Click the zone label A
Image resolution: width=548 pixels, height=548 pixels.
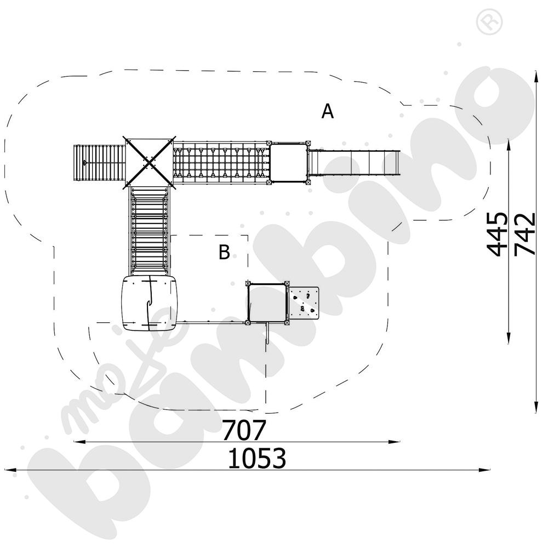[x=327, y=112]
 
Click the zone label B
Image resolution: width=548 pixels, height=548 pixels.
[x=224, y=253]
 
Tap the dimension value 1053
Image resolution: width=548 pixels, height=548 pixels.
[x=257, y=459]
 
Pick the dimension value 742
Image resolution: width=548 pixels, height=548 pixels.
[x=526, y=234]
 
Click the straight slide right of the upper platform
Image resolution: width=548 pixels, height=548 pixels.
[x=353, y=162]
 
